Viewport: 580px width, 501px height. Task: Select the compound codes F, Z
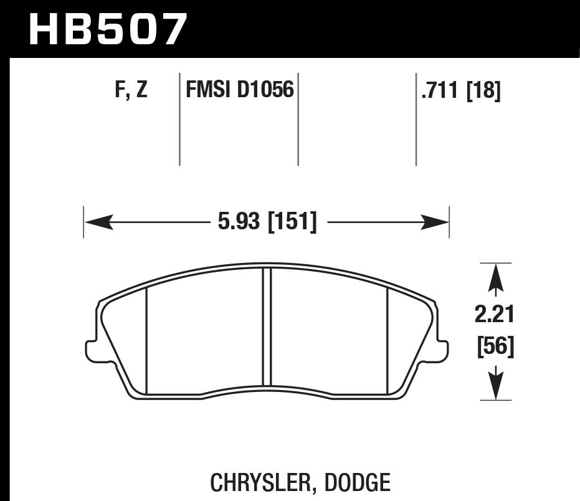point(131,92)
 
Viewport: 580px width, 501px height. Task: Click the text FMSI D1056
point(239,91)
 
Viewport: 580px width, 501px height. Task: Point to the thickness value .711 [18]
point(461,92)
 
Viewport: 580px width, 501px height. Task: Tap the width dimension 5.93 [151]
point(267,222)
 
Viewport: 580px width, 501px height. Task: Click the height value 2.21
point(495,315)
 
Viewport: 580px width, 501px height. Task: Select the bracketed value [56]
point(495,347)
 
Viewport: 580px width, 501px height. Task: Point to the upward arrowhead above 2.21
point(495,277)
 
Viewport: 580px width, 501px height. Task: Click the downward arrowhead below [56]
point(495,385)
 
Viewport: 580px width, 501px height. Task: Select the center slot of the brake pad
point(267,327)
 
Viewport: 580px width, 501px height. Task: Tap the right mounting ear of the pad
point(442,348)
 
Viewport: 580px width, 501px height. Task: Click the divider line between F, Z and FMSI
point(179,118)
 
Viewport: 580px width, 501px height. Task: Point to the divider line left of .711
point(416,118)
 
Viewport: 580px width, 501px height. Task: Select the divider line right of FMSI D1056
point(298,118)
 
